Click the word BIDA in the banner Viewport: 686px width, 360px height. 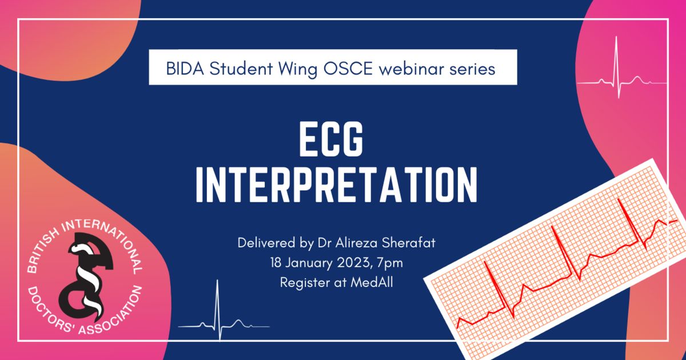point(185,69)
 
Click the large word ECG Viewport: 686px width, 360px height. point(331,139)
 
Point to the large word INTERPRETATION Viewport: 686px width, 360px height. point(336,185)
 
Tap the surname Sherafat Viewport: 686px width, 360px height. point(409,243)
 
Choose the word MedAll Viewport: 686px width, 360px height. point(372,282)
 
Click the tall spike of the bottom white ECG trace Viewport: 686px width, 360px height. point(218,310)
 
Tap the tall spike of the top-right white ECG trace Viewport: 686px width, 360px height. point(617,67)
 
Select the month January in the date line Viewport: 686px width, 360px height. point(309,263)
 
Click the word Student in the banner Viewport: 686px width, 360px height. point(241,69)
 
